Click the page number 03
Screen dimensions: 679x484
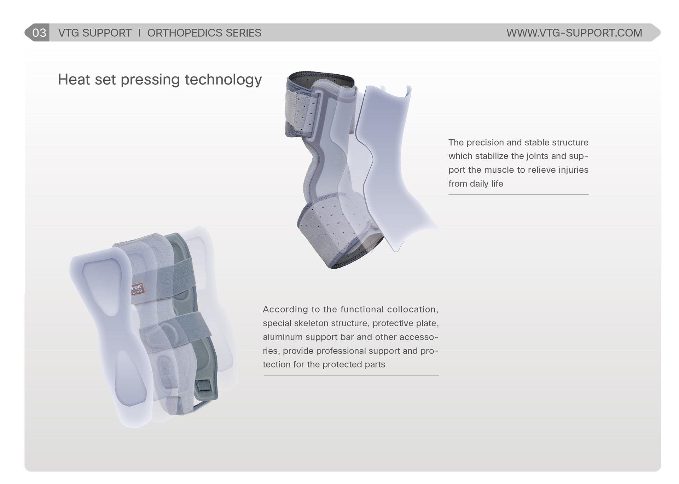point(39,33)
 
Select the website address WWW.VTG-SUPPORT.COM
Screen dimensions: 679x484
point(574,33)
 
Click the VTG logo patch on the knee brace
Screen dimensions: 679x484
point(138,288)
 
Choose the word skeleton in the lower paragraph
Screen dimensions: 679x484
point(311,323)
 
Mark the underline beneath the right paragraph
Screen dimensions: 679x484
point(518,194)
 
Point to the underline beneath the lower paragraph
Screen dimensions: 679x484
point(351,375)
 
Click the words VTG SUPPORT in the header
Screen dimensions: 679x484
point(95,33)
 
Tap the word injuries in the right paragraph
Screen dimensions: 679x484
point(573,170)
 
